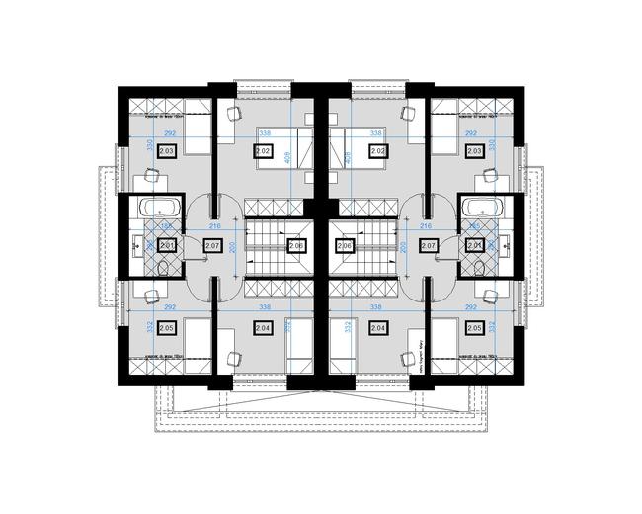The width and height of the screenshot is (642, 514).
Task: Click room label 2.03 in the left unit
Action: tap(166, 151)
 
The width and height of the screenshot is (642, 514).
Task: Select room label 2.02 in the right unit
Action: tap(377, 151)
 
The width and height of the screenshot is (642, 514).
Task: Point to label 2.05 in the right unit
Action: tap(475, 328)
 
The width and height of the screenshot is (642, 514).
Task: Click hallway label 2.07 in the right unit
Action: tap(429, 246)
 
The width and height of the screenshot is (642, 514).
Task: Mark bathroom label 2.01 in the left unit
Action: tap(167, 246)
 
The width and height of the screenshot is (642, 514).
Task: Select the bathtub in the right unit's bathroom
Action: tap(483, 209)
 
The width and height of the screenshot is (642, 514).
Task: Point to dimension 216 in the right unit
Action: tap(427, 227)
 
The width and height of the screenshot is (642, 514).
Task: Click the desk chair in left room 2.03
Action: tap(151, 175)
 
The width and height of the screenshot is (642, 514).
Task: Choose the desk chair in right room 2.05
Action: tap(491, 294)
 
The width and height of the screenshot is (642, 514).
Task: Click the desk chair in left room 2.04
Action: tap(234, 355)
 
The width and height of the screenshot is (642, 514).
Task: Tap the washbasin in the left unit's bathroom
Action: tap(138, 248)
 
